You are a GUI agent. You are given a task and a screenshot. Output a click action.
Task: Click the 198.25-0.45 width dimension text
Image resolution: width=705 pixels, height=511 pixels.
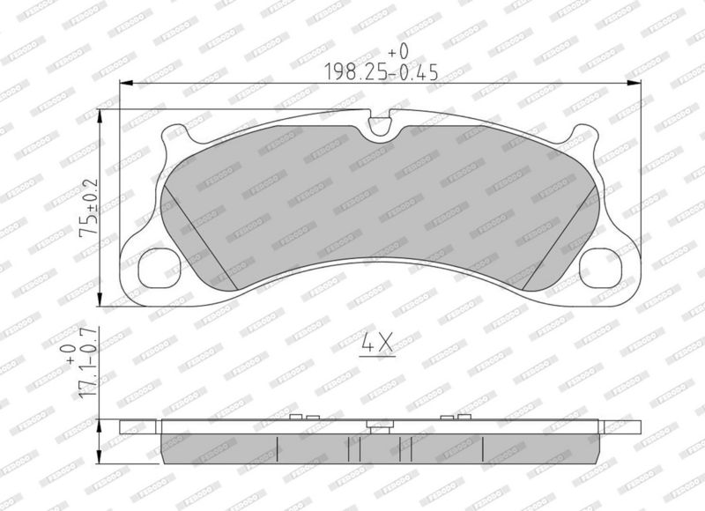[x=382, y=71]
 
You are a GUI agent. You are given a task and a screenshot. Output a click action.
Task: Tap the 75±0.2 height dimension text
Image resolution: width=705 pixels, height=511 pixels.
[x=88, y=208]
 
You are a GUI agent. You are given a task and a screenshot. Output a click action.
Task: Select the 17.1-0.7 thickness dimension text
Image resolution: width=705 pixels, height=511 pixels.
[x=88, y=362]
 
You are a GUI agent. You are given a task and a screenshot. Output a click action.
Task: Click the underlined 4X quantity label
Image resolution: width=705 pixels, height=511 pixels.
[x=377, y=344]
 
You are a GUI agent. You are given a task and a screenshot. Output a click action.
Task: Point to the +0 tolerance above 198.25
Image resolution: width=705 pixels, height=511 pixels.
[x=398, y=52]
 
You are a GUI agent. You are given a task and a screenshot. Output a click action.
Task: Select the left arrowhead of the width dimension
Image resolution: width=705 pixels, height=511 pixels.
[x=127, y=83]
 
